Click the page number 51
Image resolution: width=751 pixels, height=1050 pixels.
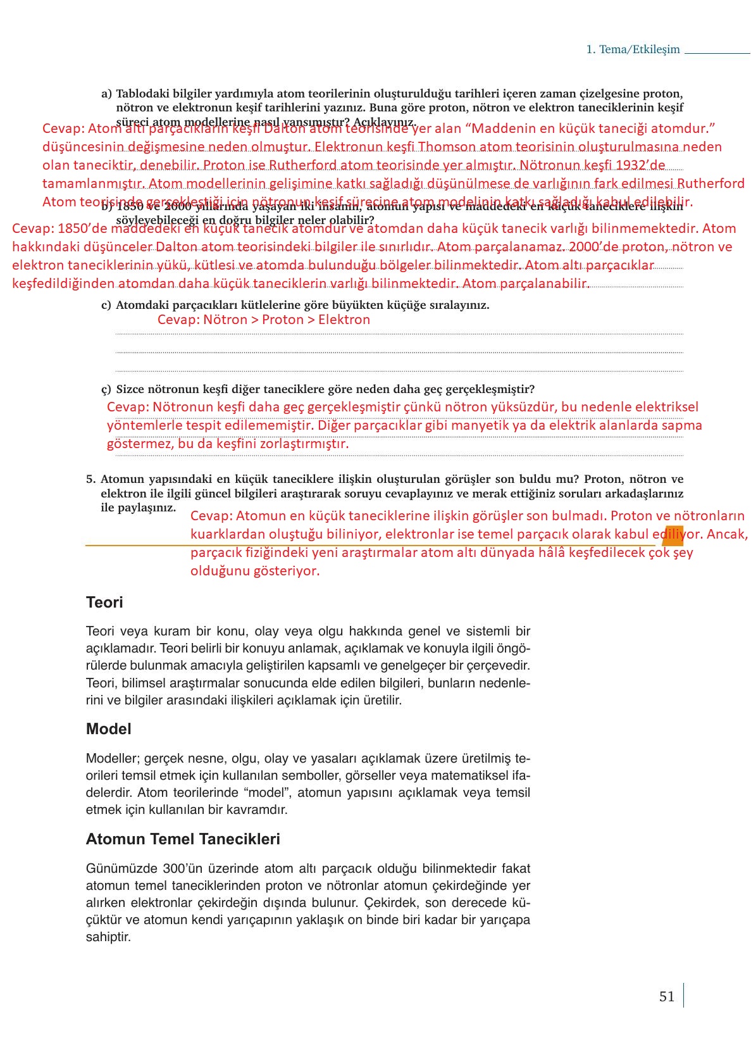[x=666, y=997]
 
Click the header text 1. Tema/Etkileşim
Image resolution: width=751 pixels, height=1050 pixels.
[x=633, y=49]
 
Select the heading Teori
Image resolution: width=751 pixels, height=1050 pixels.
[x=104, y=602]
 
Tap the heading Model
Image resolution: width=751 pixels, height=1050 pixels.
[x=108, y=729]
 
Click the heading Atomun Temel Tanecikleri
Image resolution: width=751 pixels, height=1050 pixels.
[x=183, y=839]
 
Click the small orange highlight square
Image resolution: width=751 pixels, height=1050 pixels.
[x=673, y=537]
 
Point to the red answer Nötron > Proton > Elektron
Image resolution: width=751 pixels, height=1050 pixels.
[x=264, y=320]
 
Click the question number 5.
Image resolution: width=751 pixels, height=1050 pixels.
[x=90, y=479]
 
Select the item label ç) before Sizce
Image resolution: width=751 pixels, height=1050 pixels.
[x=106, y=389]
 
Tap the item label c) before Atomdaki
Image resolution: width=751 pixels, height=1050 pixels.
[x=106, y=305]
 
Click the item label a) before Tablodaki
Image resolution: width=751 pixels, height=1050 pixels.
[x=106, y=94]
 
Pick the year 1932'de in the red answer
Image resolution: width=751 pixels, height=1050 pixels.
[x=640, y=165]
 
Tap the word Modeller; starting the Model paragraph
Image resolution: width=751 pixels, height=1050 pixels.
[x=113, y=758]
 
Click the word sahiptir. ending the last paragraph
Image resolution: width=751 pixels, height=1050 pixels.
[x=108, y=937]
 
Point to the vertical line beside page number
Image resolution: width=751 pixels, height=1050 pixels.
[x=683, y=995]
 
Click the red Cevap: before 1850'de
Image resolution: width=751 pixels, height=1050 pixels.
[x=32, y=228]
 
